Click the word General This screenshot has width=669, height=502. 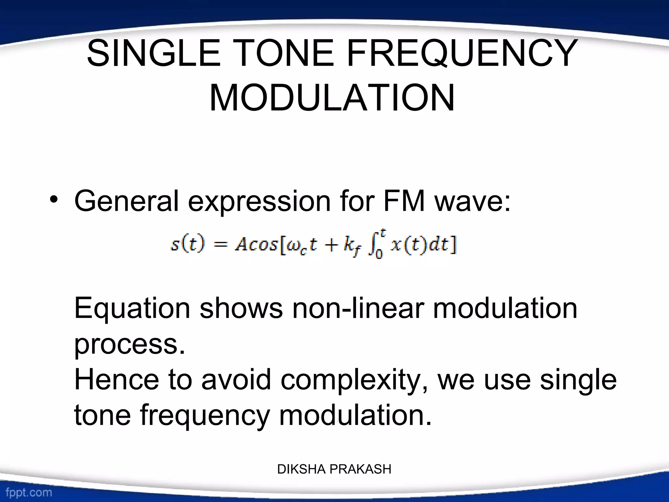tap(126, 201)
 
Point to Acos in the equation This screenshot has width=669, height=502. tap(256, 244)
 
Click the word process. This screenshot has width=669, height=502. tap(129, 345)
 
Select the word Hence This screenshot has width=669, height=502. tap(117, 379)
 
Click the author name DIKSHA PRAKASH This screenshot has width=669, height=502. tap(334, 469)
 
